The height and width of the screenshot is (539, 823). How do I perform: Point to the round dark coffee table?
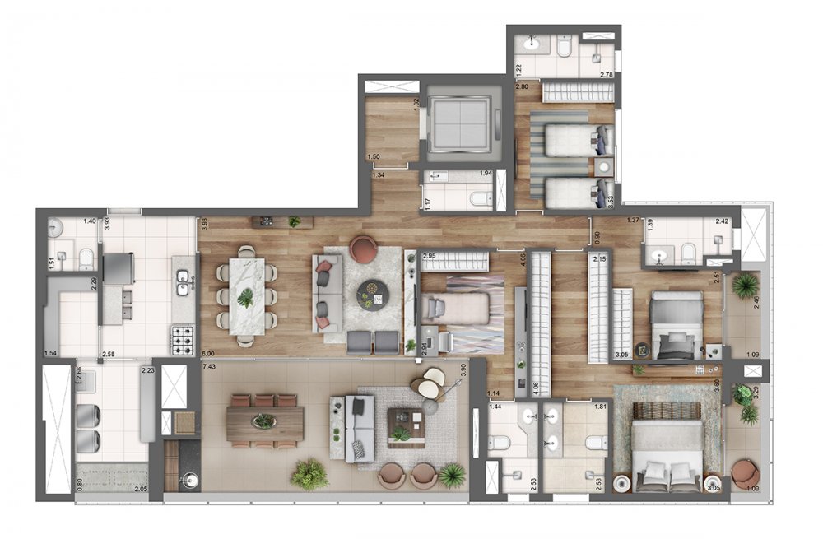coord(372,292)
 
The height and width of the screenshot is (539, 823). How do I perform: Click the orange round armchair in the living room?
coord(363,249)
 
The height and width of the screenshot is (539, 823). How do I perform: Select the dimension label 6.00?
coord(209,353)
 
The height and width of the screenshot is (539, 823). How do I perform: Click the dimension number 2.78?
coord(607,75)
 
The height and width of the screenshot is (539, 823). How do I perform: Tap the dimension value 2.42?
coord(722,221)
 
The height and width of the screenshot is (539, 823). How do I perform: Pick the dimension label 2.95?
coord(428,257)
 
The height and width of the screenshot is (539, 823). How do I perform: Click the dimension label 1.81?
coord(600,407)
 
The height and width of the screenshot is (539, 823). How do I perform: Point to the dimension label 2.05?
coord(142,490)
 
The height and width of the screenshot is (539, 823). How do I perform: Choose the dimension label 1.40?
coord(90,221)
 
